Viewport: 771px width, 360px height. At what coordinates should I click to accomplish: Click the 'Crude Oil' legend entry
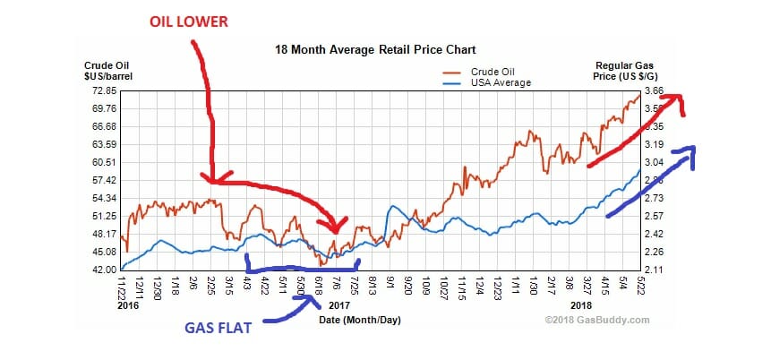pyautogui.click(x=493, y=71)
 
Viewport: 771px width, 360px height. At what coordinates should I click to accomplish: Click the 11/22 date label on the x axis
pyautogui.click(x=122, y=288)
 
